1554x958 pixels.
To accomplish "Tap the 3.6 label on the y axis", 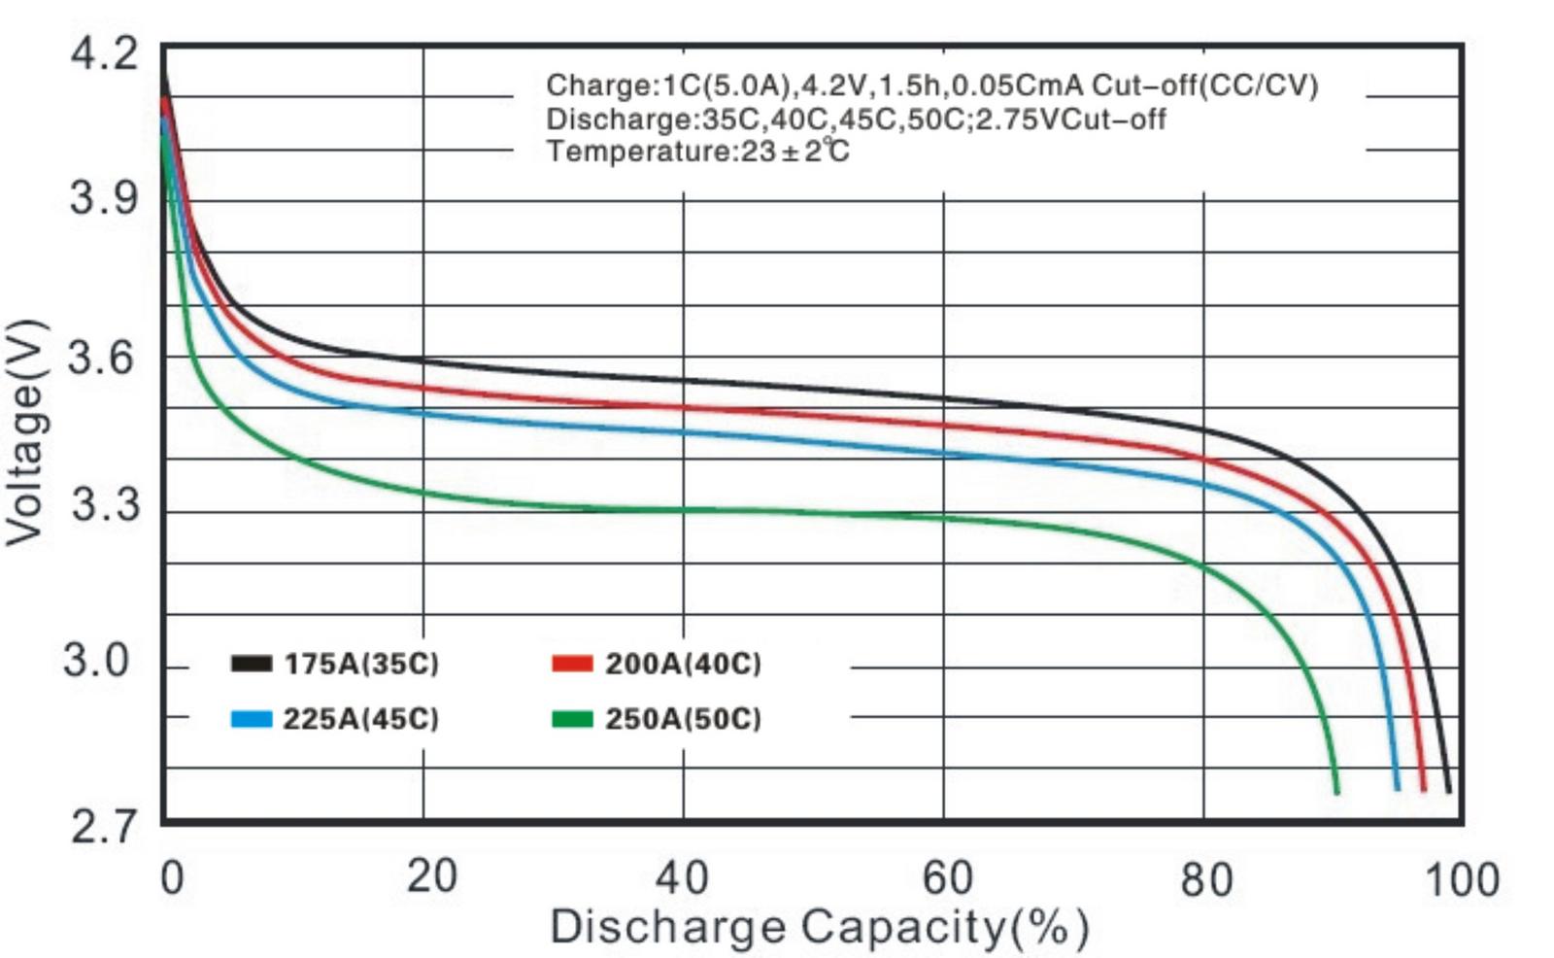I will point(102,357).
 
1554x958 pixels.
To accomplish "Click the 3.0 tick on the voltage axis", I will point(96,661).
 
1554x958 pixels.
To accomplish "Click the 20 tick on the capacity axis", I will point(430,876).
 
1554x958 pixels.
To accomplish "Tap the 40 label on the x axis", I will point(682,877).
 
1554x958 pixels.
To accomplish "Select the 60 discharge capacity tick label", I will point(946,877).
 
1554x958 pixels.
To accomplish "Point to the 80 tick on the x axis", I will point(1205,879).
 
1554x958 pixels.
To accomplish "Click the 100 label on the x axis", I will point(1462,879).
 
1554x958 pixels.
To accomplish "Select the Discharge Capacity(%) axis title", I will point(819,927).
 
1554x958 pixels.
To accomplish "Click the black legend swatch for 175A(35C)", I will point(251,664).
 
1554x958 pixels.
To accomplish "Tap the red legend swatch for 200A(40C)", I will point(571,664).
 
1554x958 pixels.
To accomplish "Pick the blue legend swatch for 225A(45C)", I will point(251,719).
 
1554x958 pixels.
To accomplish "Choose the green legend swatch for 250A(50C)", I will point(571,719).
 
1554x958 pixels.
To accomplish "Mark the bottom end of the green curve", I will point(1336,791).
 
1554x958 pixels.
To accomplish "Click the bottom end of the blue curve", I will point(1397,787).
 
